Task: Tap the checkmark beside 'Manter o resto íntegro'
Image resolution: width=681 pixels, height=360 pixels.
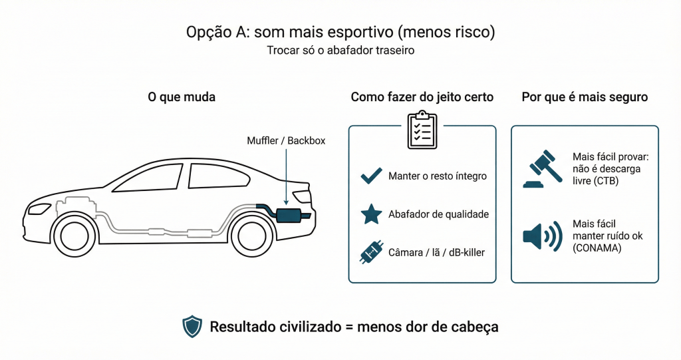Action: (371, 176)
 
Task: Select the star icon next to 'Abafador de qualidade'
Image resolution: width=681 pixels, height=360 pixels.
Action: (371, 214)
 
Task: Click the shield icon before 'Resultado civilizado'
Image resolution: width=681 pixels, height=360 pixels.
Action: (192, 326)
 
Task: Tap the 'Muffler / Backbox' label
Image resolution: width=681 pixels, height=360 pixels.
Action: (286, 141)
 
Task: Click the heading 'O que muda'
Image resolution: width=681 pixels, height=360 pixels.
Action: (182, 97)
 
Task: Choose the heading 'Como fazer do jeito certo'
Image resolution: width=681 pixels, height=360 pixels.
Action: (422, 97)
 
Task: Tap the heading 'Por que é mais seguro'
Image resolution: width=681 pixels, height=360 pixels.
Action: (585, 97)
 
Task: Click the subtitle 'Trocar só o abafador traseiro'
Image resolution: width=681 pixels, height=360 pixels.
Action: (340, 51)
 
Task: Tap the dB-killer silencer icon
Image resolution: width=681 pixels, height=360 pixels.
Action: (370, 253)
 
